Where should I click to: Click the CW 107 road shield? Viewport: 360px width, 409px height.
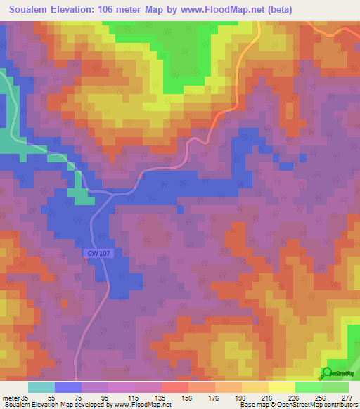pyautogui.click(x=100, y=253)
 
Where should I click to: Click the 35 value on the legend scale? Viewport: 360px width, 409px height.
pyautogui.click(x=25, y=397)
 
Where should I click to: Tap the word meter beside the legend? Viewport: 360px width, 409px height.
pyautogui.click(x=10, y=397)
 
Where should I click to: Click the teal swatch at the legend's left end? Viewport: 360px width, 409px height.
pyautogui.click(x=41, y=387)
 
